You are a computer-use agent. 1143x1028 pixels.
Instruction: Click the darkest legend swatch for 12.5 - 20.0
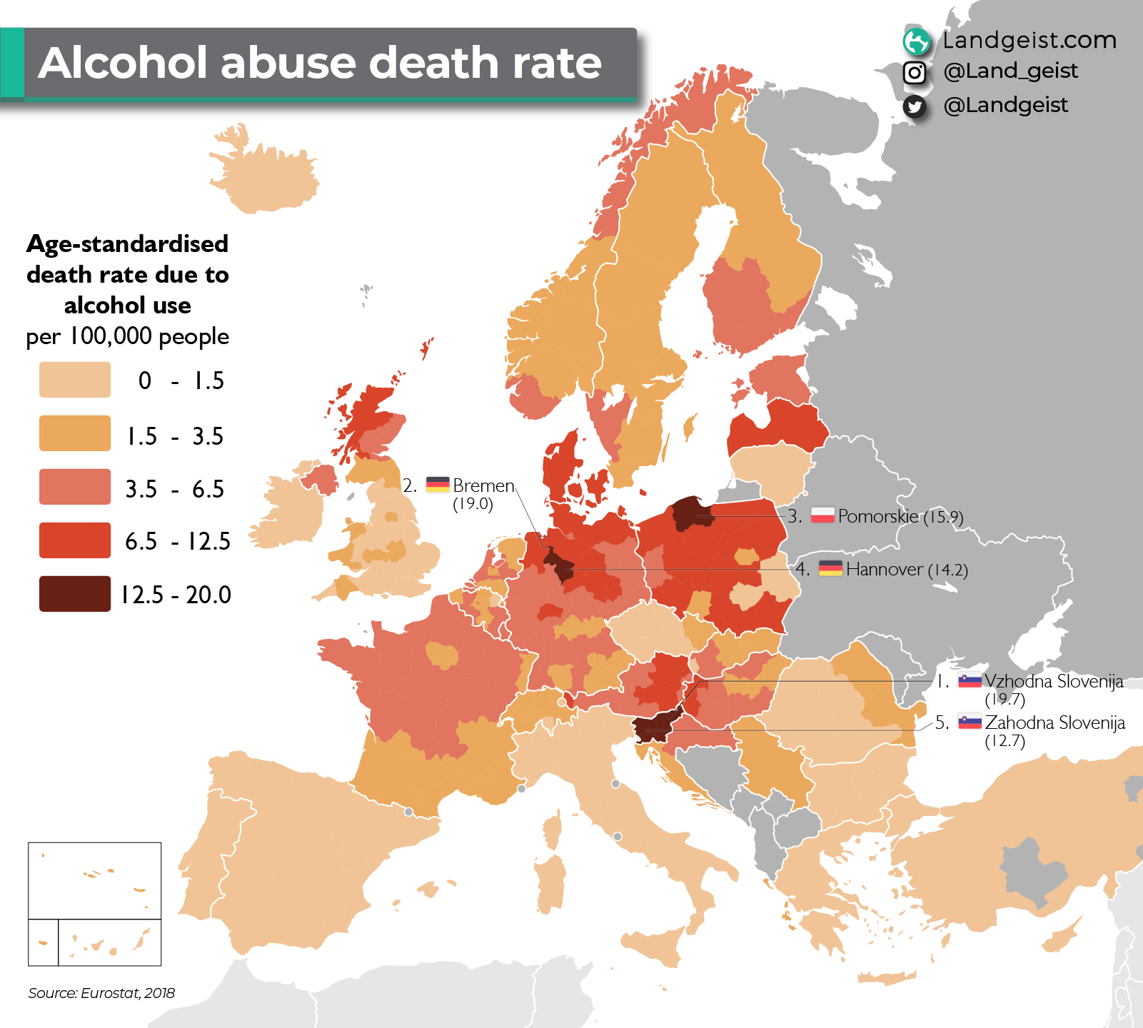coord(75,594)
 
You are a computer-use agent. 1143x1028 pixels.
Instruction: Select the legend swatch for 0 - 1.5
coord(75,380)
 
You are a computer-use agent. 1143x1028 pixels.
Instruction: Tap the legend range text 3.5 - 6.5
coord(174,489)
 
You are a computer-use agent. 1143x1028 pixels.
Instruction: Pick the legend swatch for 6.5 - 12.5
coord(75,540)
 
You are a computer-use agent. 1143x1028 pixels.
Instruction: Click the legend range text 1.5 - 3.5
coord(174,435)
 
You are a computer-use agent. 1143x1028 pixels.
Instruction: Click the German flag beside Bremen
coord(438,485)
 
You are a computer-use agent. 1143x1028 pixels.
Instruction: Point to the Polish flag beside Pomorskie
coord(822,515)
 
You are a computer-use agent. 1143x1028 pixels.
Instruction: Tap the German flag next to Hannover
coord(830,568)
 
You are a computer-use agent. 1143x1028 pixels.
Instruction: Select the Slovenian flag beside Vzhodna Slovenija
coord(970,680)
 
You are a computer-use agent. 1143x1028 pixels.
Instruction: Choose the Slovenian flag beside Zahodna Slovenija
coord(970,722)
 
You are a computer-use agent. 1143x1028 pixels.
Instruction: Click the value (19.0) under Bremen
coord(473,504)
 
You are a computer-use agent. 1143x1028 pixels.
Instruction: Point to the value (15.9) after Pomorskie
coord(943,517)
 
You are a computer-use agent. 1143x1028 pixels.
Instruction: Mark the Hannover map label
coord(885,569)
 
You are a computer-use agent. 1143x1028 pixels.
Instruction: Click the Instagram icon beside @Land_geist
coord(915,72)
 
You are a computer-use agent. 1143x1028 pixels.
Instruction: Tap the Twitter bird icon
coord(915,106)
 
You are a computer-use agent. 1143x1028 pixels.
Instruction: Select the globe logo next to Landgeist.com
coord(917,41)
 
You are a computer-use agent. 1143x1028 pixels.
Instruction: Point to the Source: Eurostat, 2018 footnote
coord(101,993)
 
